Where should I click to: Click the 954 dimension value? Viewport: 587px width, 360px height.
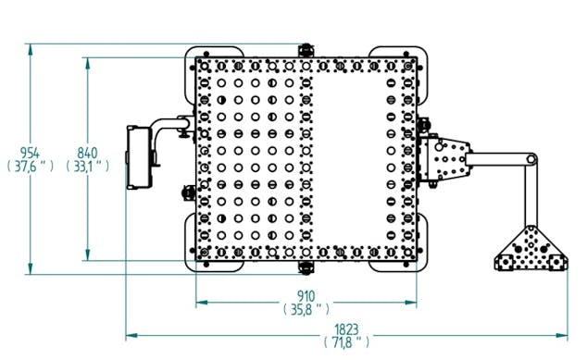point(30,153)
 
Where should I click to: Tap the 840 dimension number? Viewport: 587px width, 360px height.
point(87,153)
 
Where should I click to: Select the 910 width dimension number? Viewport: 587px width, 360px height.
point(306,296)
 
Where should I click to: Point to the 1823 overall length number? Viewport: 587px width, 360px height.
point(346,329)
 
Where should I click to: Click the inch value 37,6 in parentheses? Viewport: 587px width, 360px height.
point(31,167)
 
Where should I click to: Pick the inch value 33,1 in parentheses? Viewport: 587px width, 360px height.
point(88,167)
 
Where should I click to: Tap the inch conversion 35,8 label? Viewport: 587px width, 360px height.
point(306,309)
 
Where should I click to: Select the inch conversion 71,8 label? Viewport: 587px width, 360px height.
point(346,342)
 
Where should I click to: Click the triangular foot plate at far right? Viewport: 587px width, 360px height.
point(531,249)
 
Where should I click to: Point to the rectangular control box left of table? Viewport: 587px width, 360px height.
point(139,157)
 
